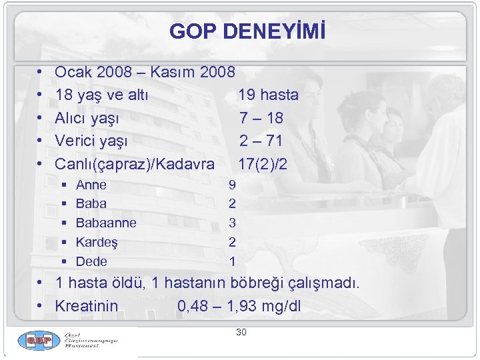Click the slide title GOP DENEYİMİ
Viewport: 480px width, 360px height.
[x=248, y=31]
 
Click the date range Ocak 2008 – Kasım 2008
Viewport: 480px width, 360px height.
[x=145, y=72]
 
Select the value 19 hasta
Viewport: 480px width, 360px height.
[x=268, y=95]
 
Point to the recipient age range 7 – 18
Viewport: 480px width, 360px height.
[x=261, y=118]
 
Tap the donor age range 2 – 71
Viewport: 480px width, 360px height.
[x=261, y=141]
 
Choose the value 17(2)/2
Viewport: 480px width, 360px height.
[x=263, y=163]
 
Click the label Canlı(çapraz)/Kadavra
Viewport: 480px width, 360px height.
[x=135, y=163]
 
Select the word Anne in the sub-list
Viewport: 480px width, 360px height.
[x=91, y=185]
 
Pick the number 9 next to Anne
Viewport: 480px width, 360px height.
[x=232, y=185]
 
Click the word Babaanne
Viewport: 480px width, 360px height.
[x=106, y=223]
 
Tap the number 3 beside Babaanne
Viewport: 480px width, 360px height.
[x=232, y=223]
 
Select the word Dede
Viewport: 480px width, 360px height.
[x=91, y=261]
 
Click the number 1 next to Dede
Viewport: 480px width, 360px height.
[x=232, y=261]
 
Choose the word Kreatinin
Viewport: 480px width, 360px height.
[x=87, y=307]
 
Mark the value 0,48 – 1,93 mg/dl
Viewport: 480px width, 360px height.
[x=240, y=307]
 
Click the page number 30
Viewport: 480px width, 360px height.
[x=241, y=332]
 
